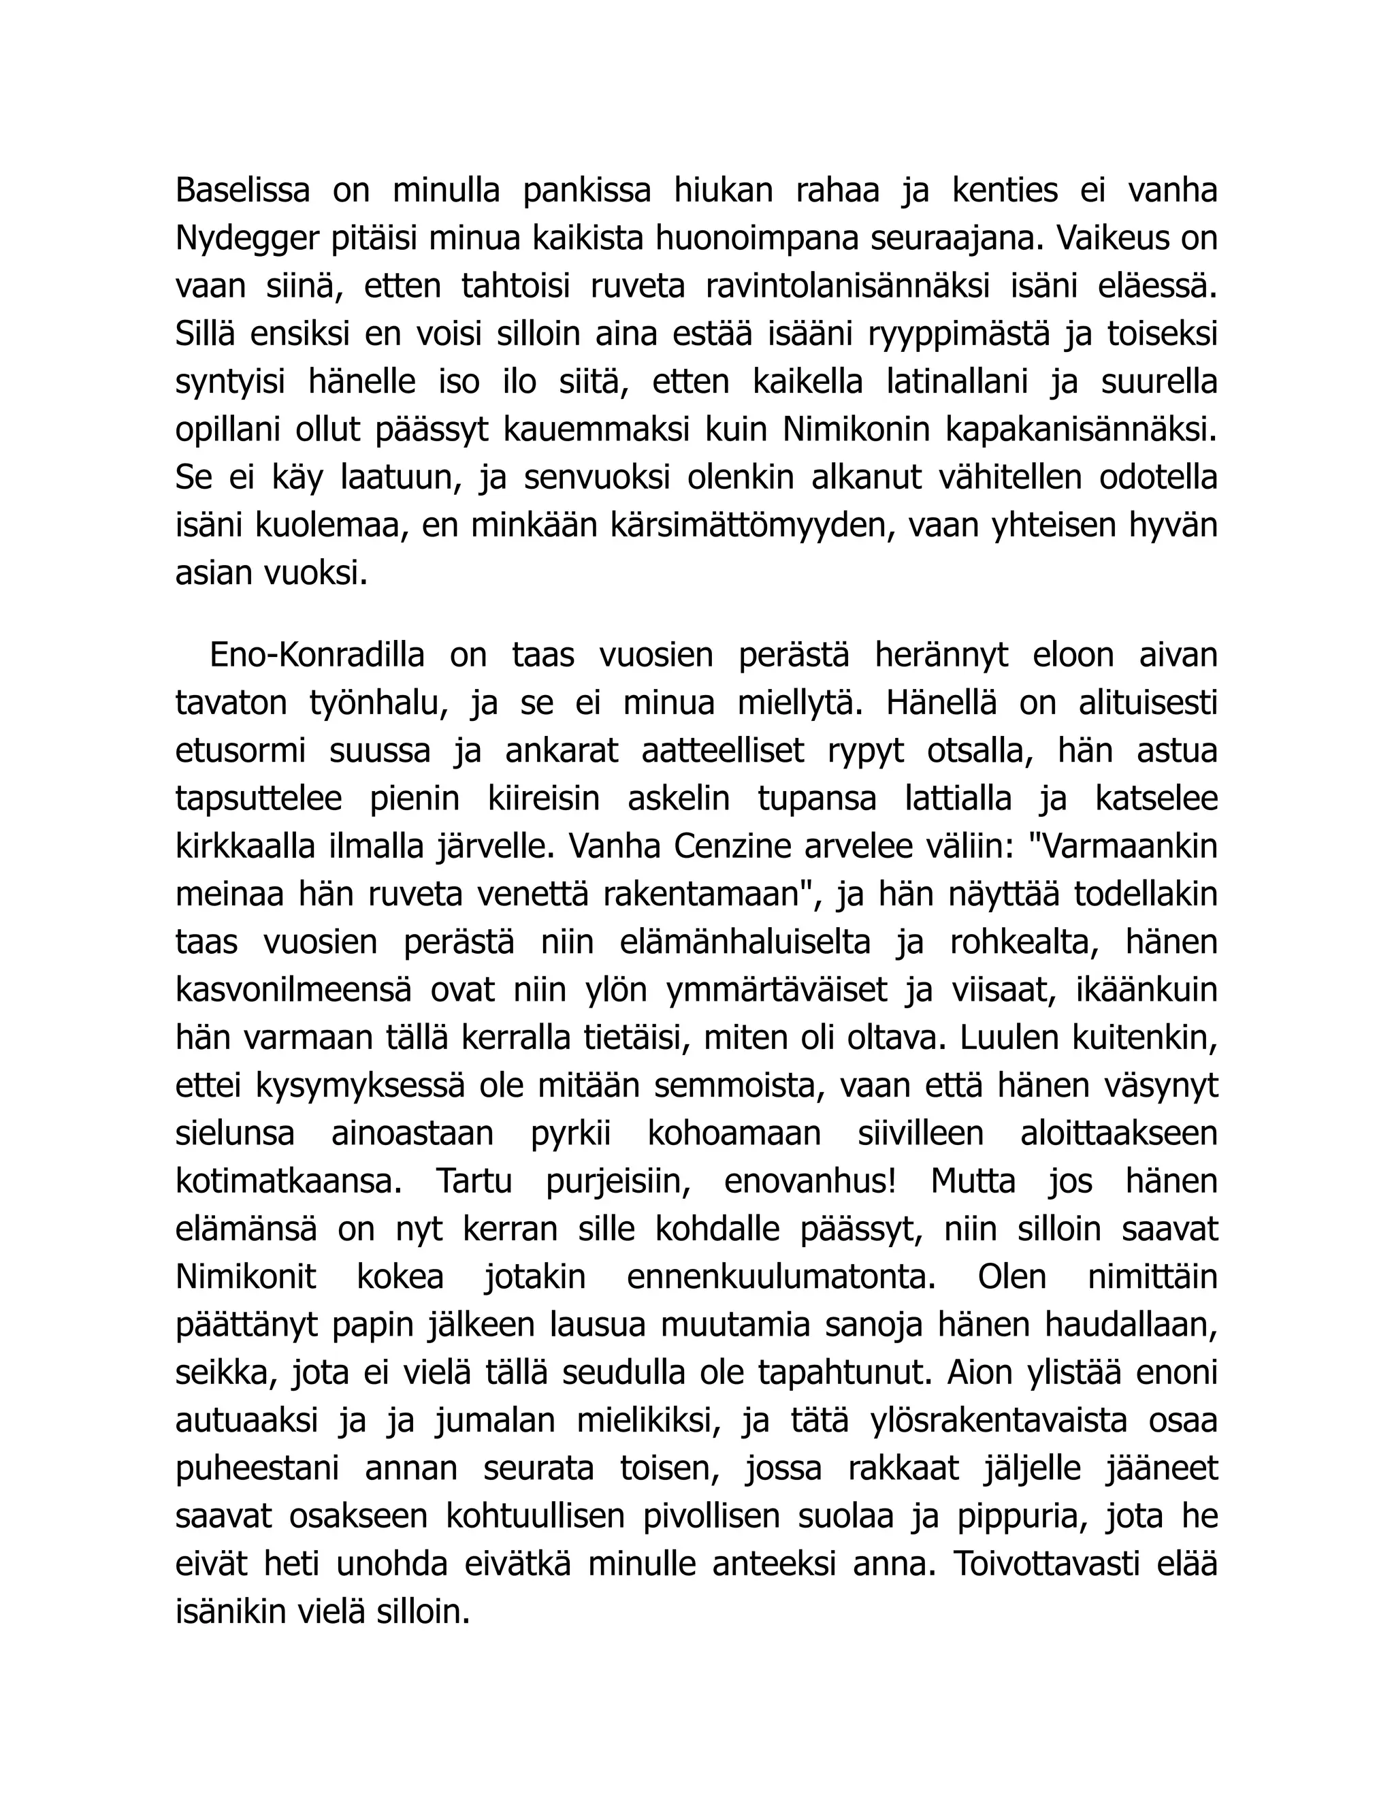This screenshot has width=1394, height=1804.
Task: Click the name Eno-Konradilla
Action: click(317, 655)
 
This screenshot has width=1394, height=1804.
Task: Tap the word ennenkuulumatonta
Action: click(781, 1278)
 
